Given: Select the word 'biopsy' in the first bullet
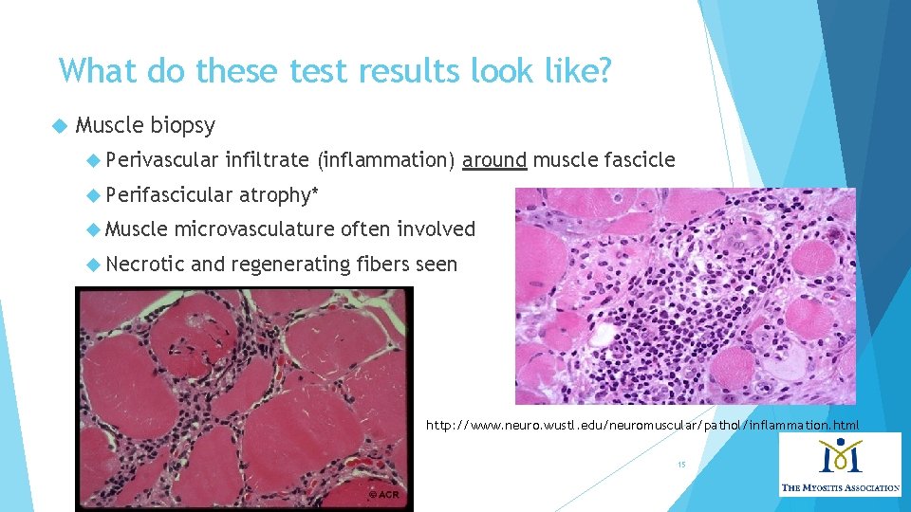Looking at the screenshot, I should click(182, 125).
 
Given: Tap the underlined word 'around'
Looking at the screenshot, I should click(493, 160).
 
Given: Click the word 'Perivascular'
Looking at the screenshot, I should click(162, 160).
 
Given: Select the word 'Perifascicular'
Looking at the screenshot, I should click(169, 195).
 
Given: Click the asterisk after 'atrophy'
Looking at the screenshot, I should click(315, 193).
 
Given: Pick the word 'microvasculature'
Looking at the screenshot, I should click(253, 229).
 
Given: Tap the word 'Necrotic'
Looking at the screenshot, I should click(144, 265).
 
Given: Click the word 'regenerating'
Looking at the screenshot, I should click(291, 265).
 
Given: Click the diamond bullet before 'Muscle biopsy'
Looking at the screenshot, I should click(61, 125).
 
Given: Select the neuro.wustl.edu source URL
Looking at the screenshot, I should click(642, 425).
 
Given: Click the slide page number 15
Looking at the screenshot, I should click(680, 465).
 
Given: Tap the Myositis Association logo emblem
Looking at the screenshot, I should click(838, 458).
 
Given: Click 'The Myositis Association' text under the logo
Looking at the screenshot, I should click(840, 487).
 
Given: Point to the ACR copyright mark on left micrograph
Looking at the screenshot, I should click(385, 496).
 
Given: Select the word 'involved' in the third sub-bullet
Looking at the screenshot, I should click(436, 229).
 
